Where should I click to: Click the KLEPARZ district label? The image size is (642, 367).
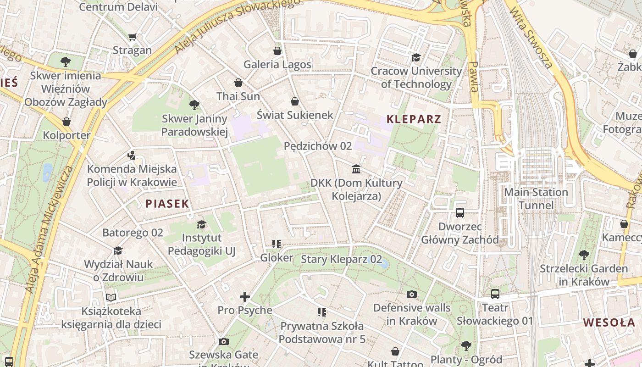pos(414,119)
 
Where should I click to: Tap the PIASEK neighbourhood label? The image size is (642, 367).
pos(167,204)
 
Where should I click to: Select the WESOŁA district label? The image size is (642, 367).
pos(609,323)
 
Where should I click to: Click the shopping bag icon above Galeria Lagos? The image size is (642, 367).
pos(277,50)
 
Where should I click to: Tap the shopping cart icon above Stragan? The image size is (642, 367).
pos(133,37)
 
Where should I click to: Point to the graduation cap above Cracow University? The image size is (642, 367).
pos(416,57)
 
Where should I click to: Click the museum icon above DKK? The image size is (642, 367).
pos(356,169)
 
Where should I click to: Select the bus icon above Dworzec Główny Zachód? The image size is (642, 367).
pos(460,213)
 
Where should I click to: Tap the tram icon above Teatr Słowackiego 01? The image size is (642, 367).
pos(495,294)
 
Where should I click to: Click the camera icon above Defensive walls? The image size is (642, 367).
pos(412,294)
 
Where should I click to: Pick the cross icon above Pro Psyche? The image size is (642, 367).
pos(245,297)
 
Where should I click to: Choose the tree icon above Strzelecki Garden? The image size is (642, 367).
pos(584,255)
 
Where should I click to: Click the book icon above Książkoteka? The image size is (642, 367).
pos(111,297)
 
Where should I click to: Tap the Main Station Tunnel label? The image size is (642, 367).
pos(536,198)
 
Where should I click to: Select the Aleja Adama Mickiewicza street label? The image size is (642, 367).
pos(49,229)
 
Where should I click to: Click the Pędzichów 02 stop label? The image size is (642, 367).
pos(318,146)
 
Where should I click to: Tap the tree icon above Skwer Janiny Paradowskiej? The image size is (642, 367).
pos(194,105)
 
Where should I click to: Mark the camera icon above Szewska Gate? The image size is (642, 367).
pos(223,341)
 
